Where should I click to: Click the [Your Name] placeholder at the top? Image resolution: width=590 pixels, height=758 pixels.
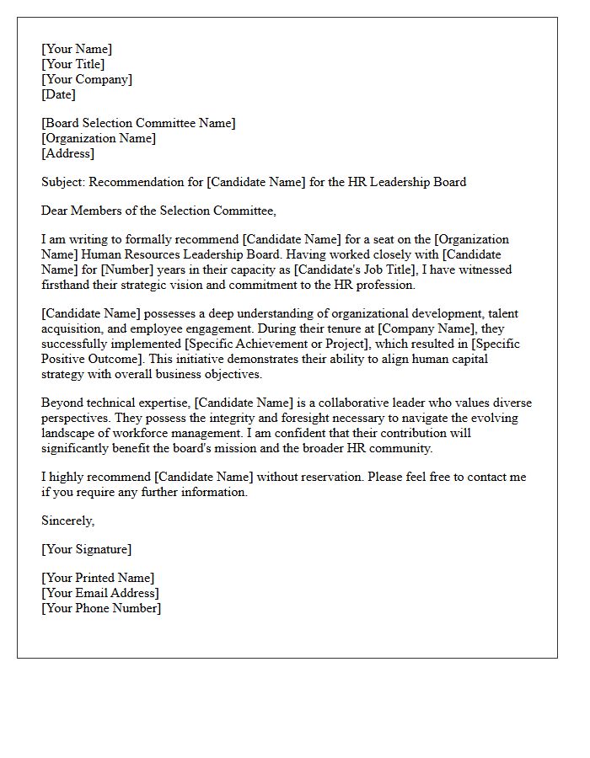(x=77, y=50)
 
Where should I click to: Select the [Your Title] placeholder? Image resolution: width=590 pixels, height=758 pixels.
(x=73, y=65)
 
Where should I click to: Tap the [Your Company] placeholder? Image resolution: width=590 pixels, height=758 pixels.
(x=87, y=80)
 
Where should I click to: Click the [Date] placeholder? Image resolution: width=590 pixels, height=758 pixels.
(x=58, y=95)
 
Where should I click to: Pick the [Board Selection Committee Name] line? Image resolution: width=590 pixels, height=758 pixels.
(x=138, y=124)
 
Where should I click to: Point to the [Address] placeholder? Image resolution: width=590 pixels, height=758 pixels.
(x=67, y=154)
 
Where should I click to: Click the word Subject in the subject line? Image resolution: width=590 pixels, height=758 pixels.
(x=62, y=182)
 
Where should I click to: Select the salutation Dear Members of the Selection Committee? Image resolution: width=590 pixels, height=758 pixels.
(x=158, y=211)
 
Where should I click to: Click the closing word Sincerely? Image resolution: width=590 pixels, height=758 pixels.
(x=67, y=520)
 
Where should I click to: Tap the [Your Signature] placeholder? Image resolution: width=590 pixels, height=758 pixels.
(x=86, y=549)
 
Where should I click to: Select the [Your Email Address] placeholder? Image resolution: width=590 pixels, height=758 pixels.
(x=99, y=593)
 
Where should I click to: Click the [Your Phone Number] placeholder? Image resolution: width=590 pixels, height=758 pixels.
(x=101, y=608)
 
